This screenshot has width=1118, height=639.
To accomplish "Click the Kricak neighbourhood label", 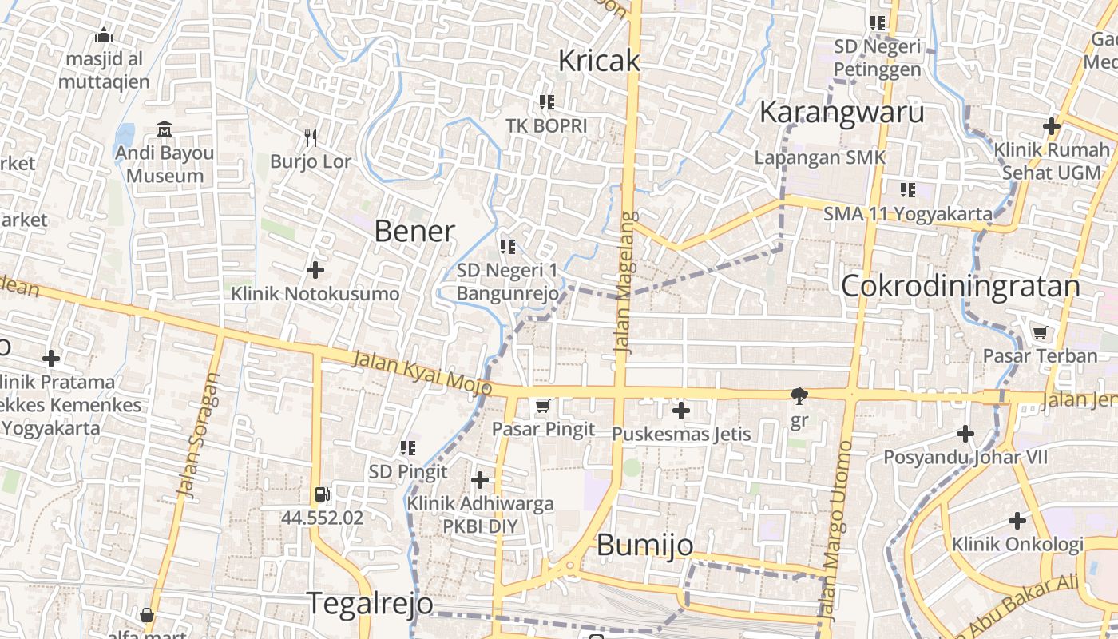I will tap(599, 61).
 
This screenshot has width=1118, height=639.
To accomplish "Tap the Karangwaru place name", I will tap(841, 113).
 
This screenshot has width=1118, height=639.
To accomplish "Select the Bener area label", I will tap(414, 232).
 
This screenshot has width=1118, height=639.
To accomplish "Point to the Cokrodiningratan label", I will tap(961, 286).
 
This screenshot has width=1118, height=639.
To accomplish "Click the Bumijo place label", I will tap(644, 545).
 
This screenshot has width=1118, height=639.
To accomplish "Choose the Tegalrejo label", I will tap(370, 603).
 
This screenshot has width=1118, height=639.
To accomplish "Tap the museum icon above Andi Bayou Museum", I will tap(165, 129).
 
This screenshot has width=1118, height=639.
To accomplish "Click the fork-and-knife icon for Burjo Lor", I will tap(311, 138).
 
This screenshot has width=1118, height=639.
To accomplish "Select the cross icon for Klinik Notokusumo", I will tap(315, 270).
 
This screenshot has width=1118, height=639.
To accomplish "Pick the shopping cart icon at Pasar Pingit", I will tap(543, 407).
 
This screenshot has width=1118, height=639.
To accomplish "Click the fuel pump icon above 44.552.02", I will tap(322, 494).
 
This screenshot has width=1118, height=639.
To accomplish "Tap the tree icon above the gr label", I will tap(798, 395).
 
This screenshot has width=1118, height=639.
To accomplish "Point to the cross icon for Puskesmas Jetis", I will tap(680, 411).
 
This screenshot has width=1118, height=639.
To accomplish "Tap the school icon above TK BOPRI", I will tap(547, 101).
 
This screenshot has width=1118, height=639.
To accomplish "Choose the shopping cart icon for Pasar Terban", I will tap(1040, 332).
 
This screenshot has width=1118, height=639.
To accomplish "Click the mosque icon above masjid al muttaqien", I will tap(103, 36).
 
